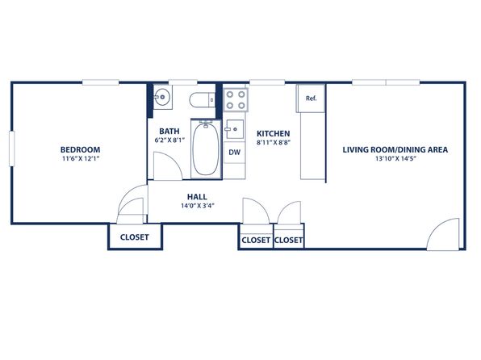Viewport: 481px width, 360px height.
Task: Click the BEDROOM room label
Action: [x=80, y=150]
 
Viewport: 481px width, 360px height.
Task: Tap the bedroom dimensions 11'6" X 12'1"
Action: [x=82, y=159]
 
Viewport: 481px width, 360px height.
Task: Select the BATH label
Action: [x=169, y=132]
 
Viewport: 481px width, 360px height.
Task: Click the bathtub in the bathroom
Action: [x=206, y=149]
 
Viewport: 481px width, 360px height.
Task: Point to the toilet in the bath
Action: [x=202, y=100]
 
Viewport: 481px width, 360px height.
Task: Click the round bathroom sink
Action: [x=162, y=98]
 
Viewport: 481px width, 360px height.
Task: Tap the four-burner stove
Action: [x=236, y=100]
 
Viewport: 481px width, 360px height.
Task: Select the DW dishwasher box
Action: [x=235, y=153]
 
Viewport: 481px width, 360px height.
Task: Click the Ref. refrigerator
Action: [x=311, y=98]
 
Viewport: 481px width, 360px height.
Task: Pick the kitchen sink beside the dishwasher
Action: [x=235, y=129]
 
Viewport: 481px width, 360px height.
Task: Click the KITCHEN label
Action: [x=274, y=133]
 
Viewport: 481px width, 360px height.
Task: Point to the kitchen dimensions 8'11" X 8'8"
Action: [x=274, y=142]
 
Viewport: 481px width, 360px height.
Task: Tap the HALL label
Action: [x=197, y=197]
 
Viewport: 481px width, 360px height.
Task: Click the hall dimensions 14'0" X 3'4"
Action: [x=198, y=206]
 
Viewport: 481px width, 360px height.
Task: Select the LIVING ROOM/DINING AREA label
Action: [x=395, y=150]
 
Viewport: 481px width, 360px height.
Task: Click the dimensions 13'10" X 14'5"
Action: [x=395, y=159]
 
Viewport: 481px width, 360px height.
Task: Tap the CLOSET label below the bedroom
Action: [x=134, y=237]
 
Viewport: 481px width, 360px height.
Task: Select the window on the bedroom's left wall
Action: [x=11, y=149]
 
